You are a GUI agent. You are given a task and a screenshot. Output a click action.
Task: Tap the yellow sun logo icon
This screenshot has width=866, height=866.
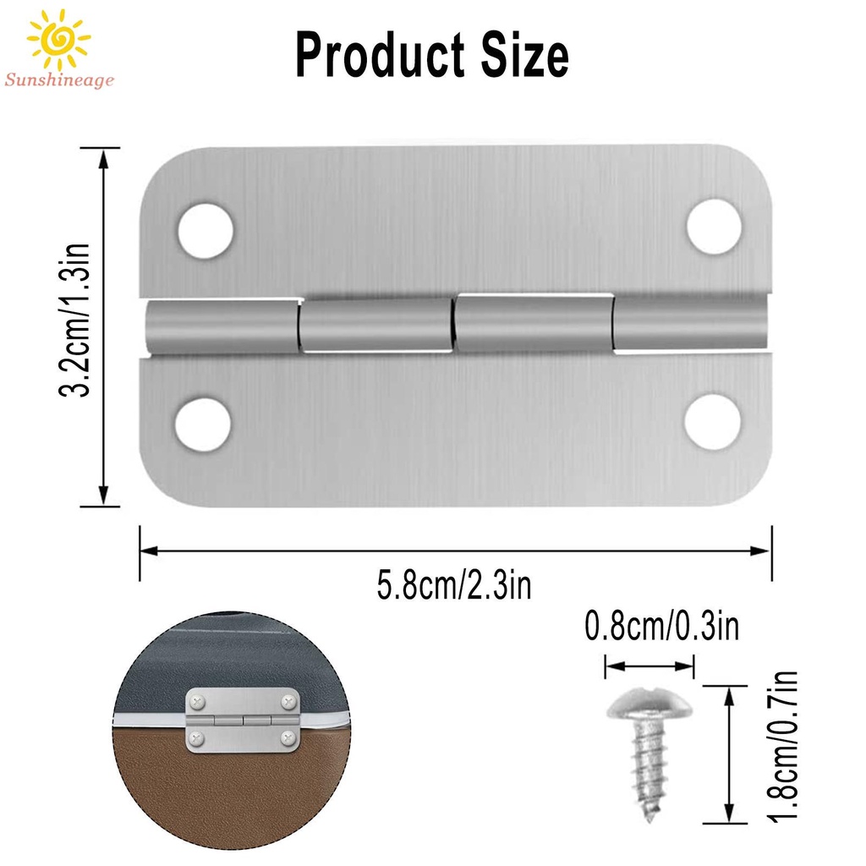[x=58, y=39]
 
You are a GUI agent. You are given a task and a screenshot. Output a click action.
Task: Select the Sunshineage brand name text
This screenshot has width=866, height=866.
[x=58, y=80]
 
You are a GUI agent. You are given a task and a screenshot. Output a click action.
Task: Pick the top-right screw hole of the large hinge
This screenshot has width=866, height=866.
[x=714, y=226]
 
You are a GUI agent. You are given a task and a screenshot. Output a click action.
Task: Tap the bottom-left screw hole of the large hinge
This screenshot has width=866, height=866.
[x=202, y=424]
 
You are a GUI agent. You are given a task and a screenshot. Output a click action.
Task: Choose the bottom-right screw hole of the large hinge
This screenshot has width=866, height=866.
[x=712, y=421]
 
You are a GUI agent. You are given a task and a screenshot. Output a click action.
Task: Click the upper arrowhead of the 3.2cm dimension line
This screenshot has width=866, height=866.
[x=104, y=157]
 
